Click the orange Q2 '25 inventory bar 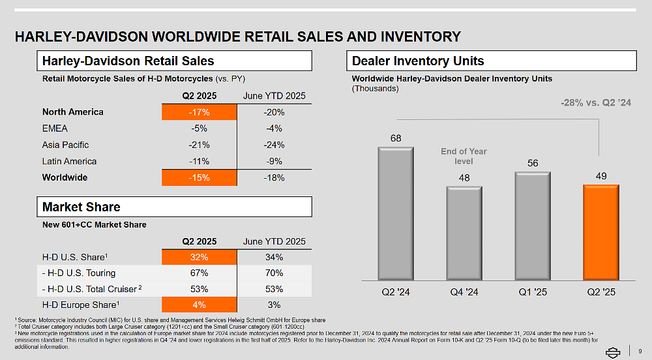pyautogui.click(x=600, y=232)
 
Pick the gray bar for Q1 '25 pyautogui.click(x=532, y=226)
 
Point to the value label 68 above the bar pyautogui.click(x=396, y=138)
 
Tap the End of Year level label pyautogui.click(x=464, y=157)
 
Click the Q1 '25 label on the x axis pyautogui.click(x=532, y=292)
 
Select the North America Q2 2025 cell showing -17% pyautogui.click(x=199, y=112)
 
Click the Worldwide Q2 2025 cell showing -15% pyautogui.click(x=199, y=178)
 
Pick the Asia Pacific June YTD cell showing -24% pyautogui.click(x=274, y=145)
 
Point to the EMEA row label pyautogui.click(x=55, y=128)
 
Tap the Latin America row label pyautogui.click(x=69, y=161)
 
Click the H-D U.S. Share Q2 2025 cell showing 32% pyautogui.click(x=199, y=257)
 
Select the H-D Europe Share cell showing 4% pyautogui.click(x=199, y=305)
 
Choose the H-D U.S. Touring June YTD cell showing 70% pyautogui.click(x=274, y=273)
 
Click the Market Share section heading pyautogui.click(x=81, y=207)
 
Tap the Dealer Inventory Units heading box pyautogui.click(x=491, y=61)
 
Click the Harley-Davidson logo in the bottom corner pyautogui.click(x=613, y=352)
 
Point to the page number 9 pyautogui.click(x=640, y=352)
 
